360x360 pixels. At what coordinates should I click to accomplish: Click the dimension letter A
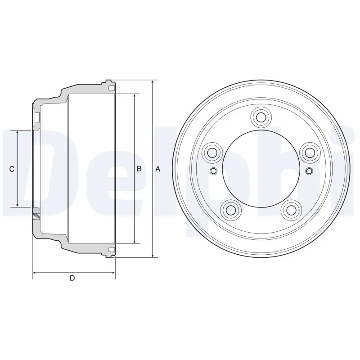pyautogui.click(x=157, y=169)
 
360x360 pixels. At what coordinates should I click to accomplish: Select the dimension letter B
pyautogui.click(x=139, y=169)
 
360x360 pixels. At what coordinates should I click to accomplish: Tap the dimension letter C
pyautogui.click(x=12, y=169)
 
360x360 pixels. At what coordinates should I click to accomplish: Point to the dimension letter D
pyautogui.click(x=72, y=278)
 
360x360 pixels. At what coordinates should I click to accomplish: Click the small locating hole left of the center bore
pyautogui.click(x=213, y=171)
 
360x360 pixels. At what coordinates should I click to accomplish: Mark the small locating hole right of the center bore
pyautogui.click(x=309, y=171)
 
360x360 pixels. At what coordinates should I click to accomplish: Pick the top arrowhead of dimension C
pyautogui.click(x=18, y=133)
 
